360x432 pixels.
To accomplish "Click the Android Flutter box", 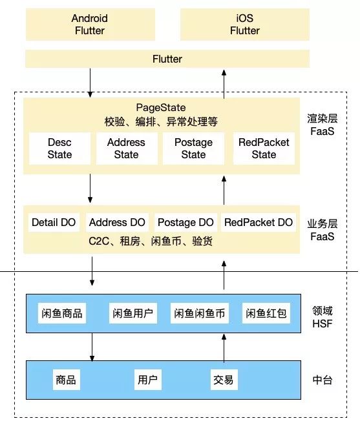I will coord(90,25).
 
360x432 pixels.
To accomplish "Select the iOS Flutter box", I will coord(244,25).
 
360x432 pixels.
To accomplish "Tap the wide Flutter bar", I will coord(167,59).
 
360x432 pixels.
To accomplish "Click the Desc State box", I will coord(59,149).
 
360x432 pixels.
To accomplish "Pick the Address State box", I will coord(126,149).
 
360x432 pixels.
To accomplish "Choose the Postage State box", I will coord(193,149).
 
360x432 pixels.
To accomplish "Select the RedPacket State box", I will coord(264,149).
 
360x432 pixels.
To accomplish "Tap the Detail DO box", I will coord(54,223).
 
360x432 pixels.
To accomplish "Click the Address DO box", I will coord(118,223).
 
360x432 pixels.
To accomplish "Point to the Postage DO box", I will coord(186,223).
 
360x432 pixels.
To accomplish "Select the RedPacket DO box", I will coord(259,223).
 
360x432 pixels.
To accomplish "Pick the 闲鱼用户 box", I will coord(132,314).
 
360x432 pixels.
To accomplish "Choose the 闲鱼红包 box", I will coord(266,314).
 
